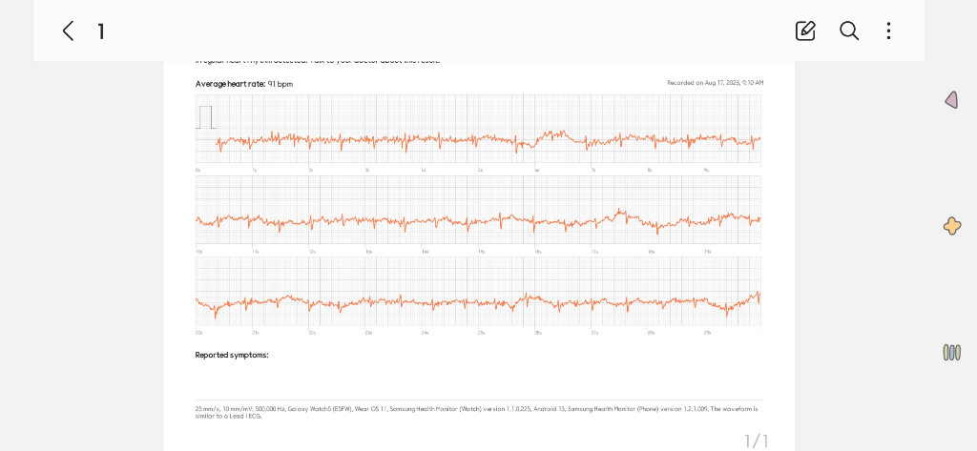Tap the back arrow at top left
[x=68, y=31]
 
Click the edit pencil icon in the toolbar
[x=805, y=31]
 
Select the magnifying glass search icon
[x=849, y=31]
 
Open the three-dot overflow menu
[x=888, y=31]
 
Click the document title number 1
[x=101, y=31]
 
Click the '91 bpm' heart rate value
[x=281, y=84]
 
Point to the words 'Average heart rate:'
[x=230, y=84]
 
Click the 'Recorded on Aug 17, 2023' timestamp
[x=715, y=83]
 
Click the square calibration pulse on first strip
[x=205, y=117]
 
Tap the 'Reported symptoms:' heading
[x=232, y=355]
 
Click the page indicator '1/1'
[x=756, y=441]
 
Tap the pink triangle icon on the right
[x=951, y=100]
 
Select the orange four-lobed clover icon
[x=951, y=226]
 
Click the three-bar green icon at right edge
[x=951, y=352]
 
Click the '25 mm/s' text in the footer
[x=205, y=408]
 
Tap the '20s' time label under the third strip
[x=198, y=333]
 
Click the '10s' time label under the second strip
[x=198, y=252]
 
